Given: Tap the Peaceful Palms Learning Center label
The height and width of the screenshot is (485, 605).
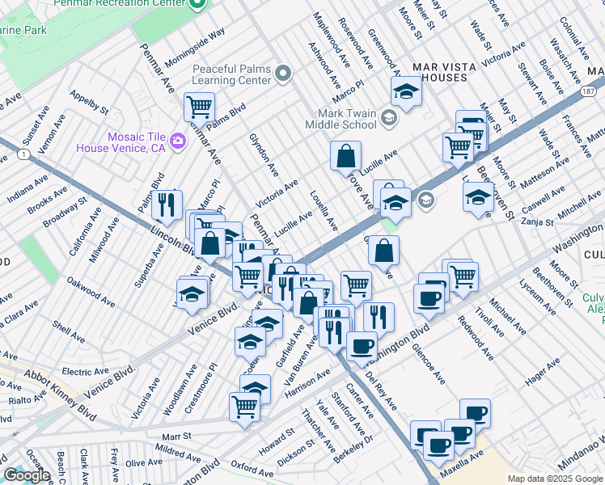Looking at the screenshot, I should click(x=231, y=75).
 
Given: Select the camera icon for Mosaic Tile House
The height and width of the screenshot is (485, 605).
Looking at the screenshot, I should click(x=178, y=141).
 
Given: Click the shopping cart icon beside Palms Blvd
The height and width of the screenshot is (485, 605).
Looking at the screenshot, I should click(x=198, y=106).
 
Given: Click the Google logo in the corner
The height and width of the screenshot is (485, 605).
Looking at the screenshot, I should click(x=27, y=475).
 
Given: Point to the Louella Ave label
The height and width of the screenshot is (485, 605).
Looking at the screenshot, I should click(x=324, y=209).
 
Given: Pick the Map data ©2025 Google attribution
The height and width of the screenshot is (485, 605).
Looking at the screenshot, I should click(x=555, y=479).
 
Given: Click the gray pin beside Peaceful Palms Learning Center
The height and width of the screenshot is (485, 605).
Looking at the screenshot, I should click(x=283, y=75).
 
